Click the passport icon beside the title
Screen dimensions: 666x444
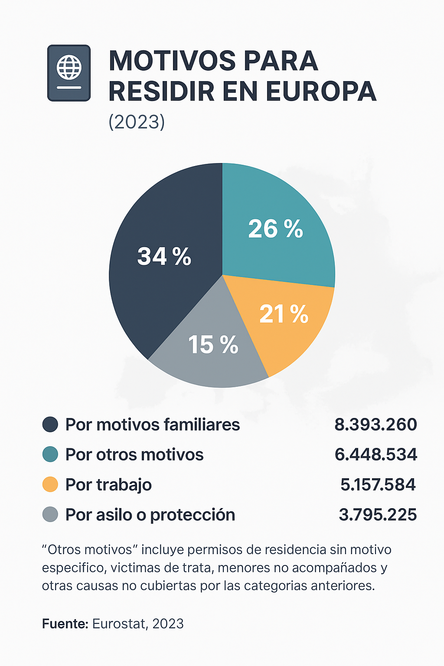point(69,73)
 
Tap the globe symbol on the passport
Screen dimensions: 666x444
point(69,67)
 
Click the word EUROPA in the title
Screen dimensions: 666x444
point(321,91)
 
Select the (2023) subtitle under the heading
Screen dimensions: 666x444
point(137,122)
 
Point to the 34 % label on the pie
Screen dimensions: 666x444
point(164,256)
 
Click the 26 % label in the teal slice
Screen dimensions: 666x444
point(275,229)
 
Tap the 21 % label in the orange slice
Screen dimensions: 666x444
point(284,314)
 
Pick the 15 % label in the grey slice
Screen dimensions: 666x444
point(213,345)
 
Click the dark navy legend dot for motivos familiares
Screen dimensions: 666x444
point(50,424)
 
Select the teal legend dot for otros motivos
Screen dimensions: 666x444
point(50,454)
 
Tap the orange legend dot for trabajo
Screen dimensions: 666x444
point(50,484)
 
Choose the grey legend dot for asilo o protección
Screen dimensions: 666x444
point(50,515)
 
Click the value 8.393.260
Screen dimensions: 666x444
point(375,424)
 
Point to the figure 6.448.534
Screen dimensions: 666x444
point(375,454)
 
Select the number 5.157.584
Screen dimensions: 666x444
point(378,484)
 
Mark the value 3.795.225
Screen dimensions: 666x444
point(377,515)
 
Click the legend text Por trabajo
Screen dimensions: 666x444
point(108,485)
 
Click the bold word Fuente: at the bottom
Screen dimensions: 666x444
point(65,624)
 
